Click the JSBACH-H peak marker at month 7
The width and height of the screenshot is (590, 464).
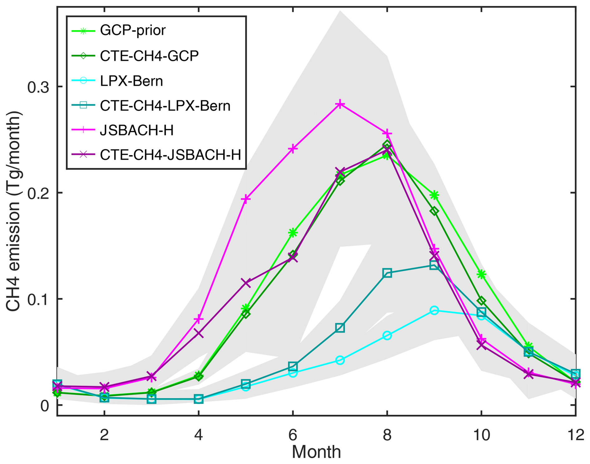(x=340, y=104)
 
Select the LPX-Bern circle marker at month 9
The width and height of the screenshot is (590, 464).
(x=434, y=310)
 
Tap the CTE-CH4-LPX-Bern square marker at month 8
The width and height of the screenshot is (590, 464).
(x=387, y=273)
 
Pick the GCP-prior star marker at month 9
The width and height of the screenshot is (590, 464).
(x=434, y=195)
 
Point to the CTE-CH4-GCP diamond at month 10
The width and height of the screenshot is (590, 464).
(x=481, y=301)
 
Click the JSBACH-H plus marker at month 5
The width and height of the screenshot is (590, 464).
(x=246, y=199)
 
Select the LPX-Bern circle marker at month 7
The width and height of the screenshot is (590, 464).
(x=340, y=360)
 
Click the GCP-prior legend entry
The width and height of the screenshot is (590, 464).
(x=133, y=31)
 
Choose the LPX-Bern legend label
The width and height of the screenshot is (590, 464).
(x=131, y=81)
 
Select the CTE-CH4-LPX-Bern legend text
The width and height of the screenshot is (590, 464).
(x=165, y=106)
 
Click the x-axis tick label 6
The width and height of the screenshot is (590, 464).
(x=293, y=435)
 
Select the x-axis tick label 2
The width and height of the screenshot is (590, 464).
(x=104, y=435)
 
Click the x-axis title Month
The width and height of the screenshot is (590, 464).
(x=316, y=452)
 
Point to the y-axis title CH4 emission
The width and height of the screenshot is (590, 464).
(x=13, y=211)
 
